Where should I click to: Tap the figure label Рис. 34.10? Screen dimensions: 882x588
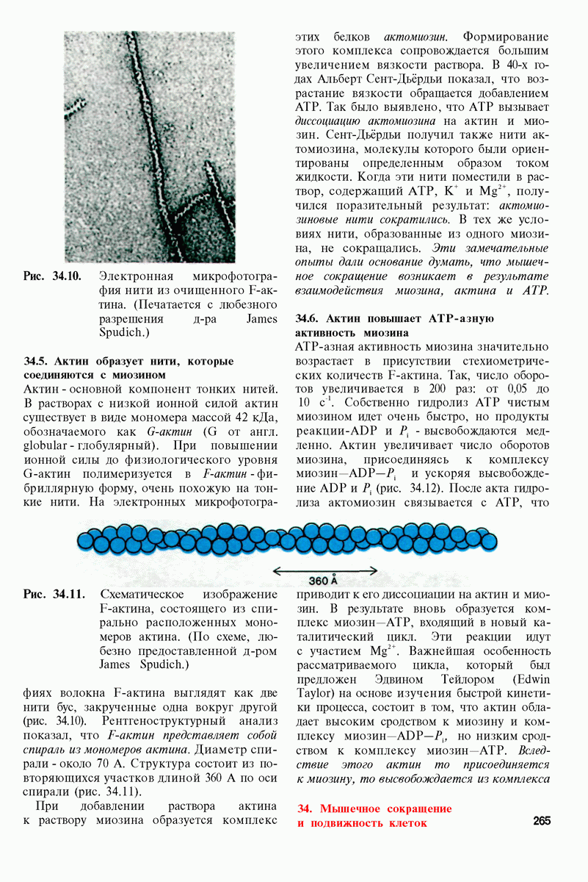[52, 277]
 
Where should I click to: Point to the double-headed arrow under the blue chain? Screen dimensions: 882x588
[324, 570]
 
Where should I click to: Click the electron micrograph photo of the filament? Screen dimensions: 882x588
[150, 147]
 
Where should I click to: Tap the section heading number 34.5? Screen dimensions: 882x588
[37, 362]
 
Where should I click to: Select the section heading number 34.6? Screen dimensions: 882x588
[308, 319]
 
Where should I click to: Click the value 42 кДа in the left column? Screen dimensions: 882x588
[253, 417]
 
